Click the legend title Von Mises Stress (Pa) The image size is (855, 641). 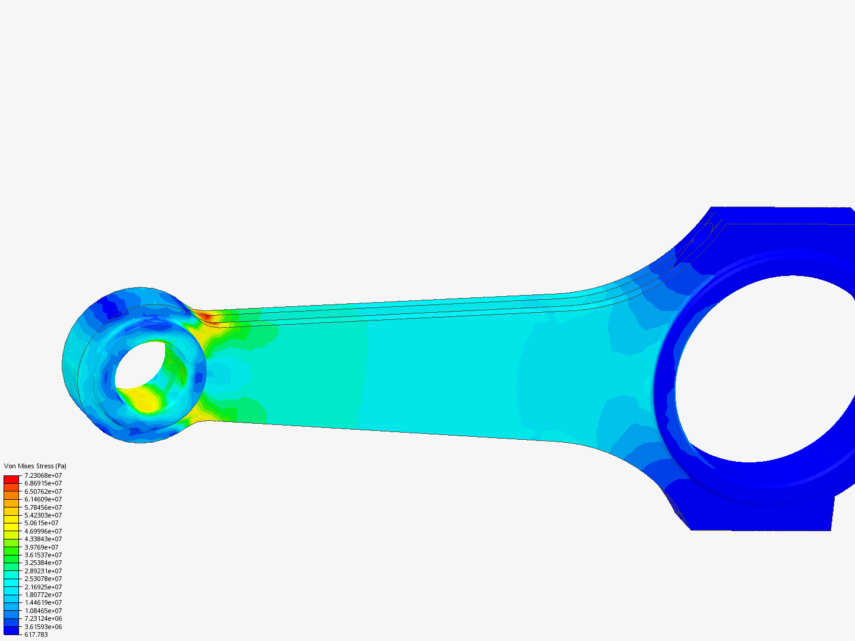tap(35, 466)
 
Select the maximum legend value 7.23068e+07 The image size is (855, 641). tap(43, 475)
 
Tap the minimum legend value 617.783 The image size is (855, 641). tap(36, 634)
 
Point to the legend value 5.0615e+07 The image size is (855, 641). tap(42, 523)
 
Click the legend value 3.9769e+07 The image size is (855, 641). tap(42, 547)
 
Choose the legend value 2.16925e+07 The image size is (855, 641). tap(43, 587)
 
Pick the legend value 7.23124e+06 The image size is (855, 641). tap(43, 618)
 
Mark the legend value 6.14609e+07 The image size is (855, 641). tap(43, 499)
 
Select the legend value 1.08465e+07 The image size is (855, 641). tap(43, 611)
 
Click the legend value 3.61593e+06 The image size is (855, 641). tap(43, 627)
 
